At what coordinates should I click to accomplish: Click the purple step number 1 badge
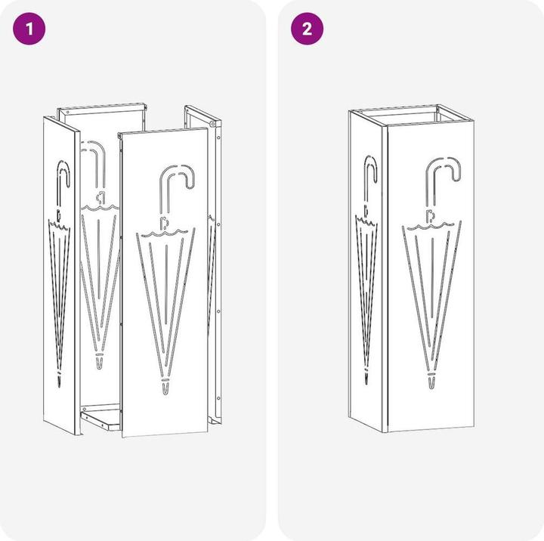coord(29,29)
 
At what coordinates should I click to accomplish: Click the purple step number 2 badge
coord(307,29)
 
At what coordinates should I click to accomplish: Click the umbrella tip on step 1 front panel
coord(165,388)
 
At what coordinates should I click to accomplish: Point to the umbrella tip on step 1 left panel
coord(59,379)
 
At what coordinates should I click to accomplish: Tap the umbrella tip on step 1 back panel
coord(100,362)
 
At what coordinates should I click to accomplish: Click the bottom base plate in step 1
coord(100,419)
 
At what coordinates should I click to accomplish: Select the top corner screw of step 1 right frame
coord(212,123)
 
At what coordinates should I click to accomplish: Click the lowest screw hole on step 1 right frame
coord(218,398)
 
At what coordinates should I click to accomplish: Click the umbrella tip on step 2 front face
coord(431,381)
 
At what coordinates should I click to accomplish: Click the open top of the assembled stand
coord(411,115)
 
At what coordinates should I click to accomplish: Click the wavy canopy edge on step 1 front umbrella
coord(165,233)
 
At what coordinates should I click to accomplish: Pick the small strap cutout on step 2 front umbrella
coord(430,215)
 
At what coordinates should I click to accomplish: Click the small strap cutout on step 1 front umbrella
coord(163,223)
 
